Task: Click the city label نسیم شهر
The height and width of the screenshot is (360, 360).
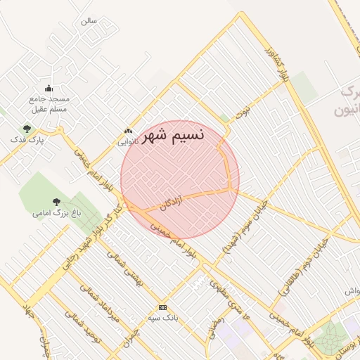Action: (173, 135)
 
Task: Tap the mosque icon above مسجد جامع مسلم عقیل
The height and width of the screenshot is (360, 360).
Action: (49, 88)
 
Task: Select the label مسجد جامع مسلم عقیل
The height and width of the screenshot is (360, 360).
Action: (49, 104)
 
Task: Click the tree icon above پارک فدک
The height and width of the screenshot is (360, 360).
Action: (27, 129)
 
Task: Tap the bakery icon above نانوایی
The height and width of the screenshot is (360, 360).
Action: (128, 130)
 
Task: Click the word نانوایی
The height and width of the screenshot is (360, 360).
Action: (127, 141)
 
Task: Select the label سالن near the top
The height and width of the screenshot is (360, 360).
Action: (88, 21)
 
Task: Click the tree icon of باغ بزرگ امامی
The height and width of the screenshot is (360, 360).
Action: (56, 202)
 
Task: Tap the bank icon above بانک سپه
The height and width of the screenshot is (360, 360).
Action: (163, 307)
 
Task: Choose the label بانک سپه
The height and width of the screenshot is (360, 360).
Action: (163, 318)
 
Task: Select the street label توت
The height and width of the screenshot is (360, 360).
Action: (243, 110)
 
